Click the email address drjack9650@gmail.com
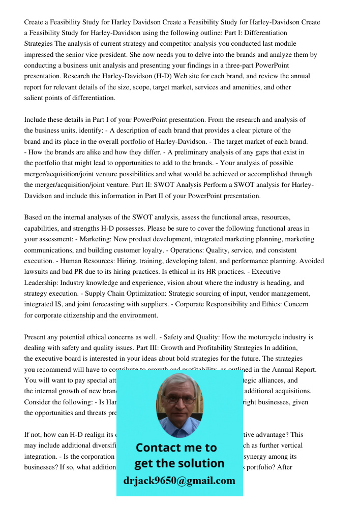point(179,481)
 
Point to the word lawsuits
point(37,272)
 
